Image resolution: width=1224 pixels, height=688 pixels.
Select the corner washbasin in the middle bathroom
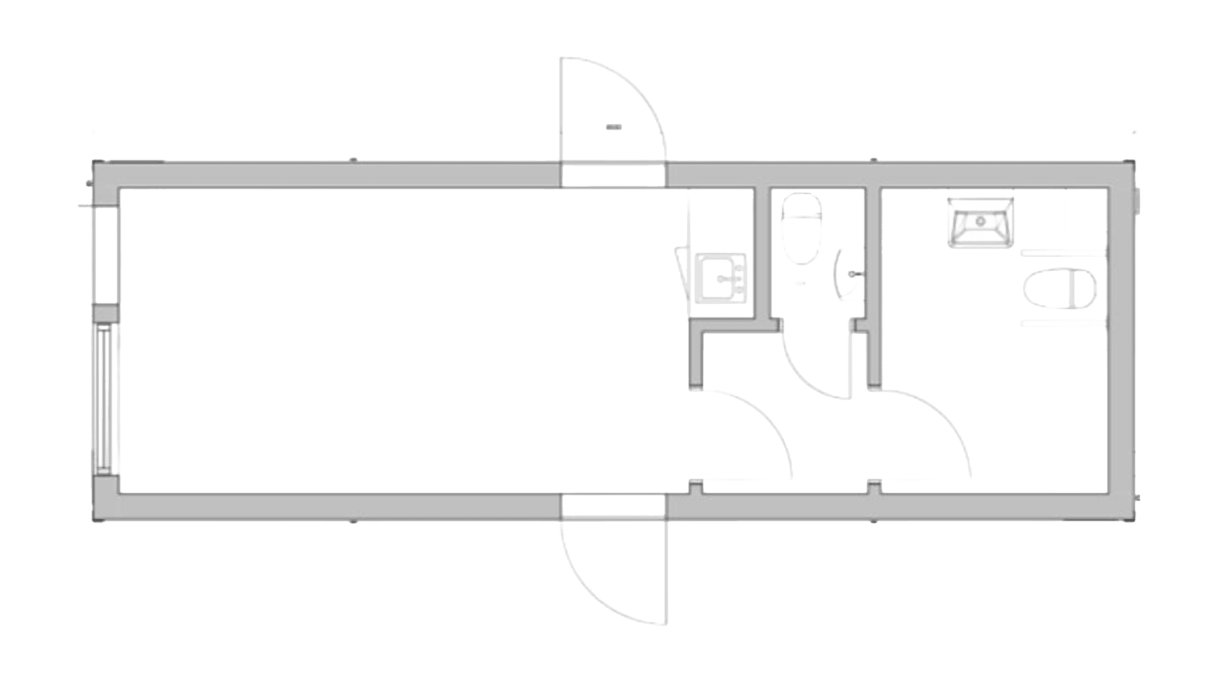(847, 273)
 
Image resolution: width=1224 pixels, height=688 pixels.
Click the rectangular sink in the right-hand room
(980, 222)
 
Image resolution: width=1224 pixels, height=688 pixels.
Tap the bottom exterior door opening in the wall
(613, 506)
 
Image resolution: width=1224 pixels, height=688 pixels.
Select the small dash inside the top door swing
(613, 127)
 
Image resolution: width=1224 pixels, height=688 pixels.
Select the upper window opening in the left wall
(105, 255)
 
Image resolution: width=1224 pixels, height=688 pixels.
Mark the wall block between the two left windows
(105, 313)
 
